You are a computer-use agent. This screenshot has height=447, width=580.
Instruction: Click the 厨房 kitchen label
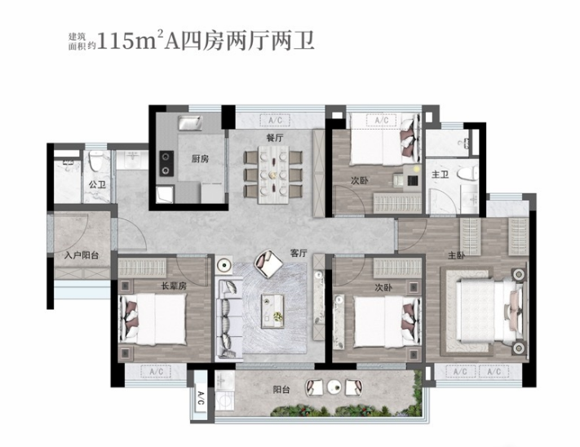(200, 158)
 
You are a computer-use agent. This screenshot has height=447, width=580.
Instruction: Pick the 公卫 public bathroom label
(98, 185)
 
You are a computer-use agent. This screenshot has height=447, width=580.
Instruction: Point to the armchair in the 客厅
(265, 262)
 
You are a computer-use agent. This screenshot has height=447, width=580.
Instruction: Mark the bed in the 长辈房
(152, 318)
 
